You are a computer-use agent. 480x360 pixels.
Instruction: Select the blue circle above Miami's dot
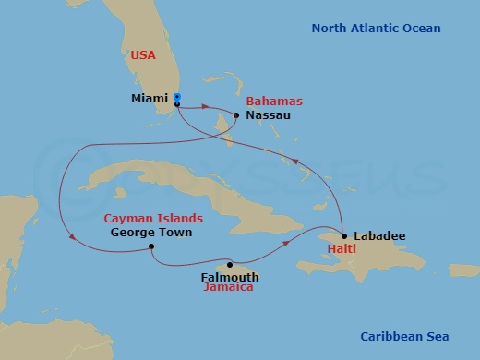(x=176, y=97)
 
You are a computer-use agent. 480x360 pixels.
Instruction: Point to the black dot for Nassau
(x=237, y=115)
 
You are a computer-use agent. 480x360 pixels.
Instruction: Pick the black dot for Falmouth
(x=231, y=264)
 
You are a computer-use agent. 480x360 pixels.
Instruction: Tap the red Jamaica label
(x=229, y=287)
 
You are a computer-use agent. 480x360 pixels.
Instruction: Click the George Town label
(x=150, y=233)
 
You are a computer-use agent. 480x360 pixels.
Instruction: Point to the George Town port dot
(x=150, y=246)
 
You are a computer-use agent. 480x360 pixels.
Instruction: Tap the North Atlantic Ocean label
(x=376, y=29)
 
